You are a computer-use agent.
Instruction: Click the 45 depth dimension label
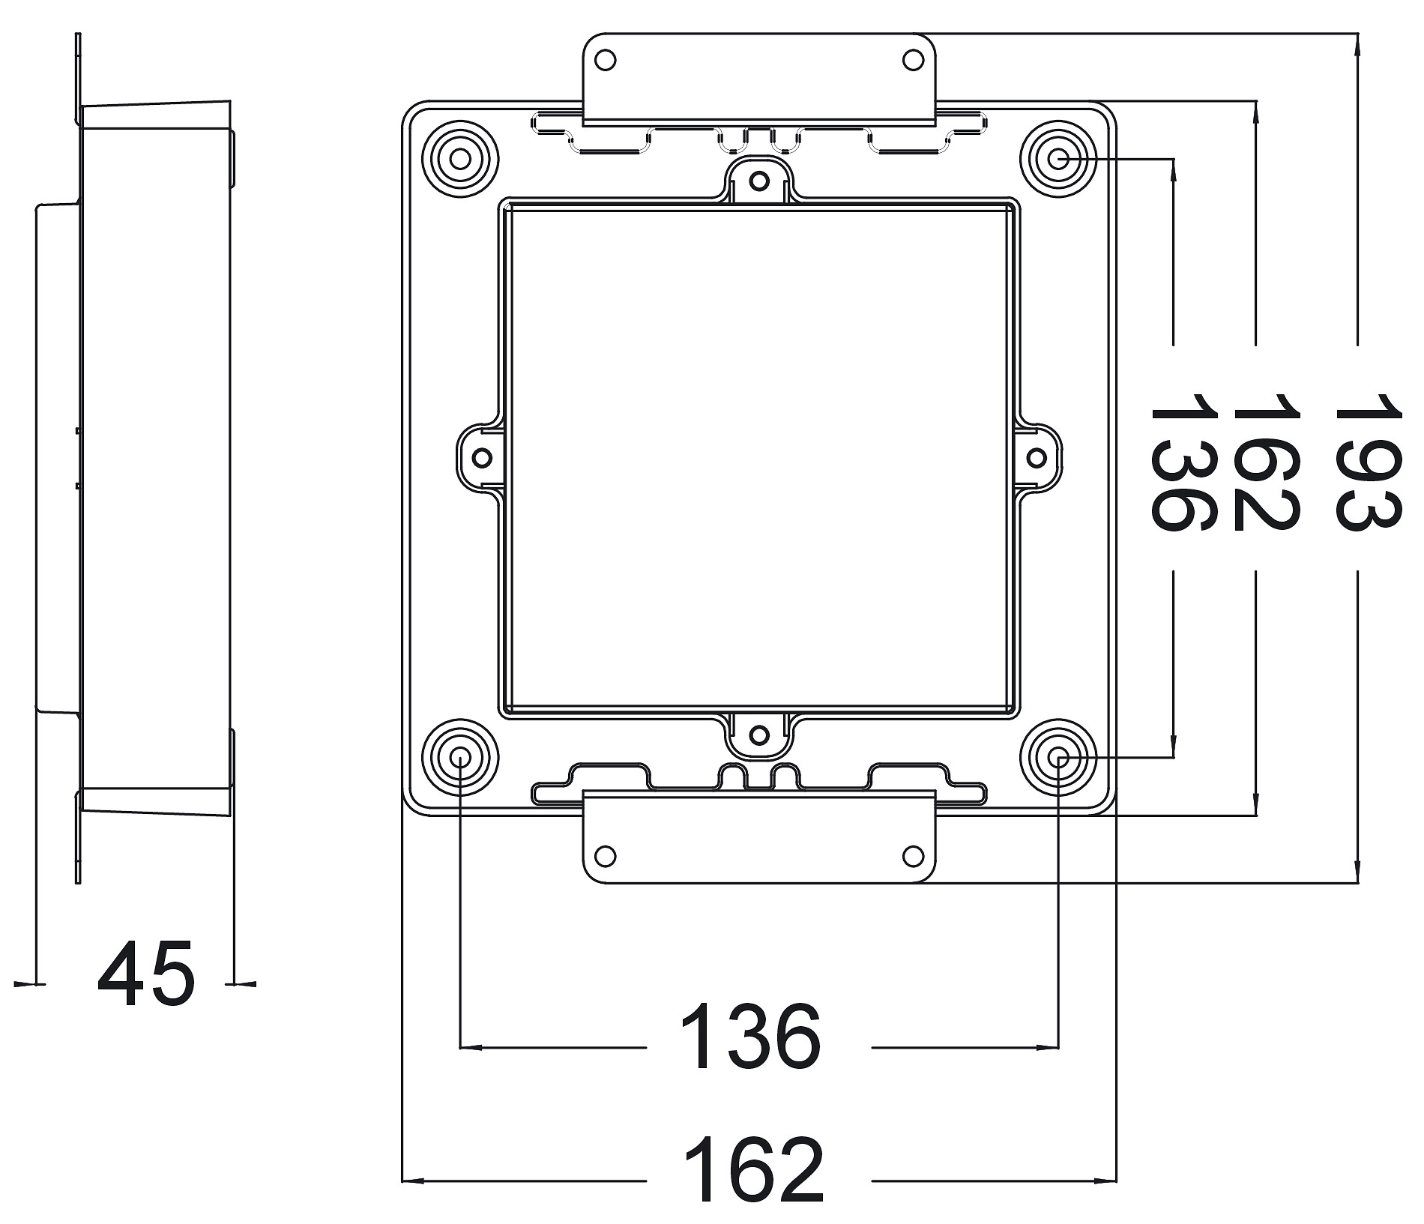click(x=146, y=972)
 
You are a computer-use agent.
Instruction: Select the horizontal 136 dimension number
click(x=751, y=1037)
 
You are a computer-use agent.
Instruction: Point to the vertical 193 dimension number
click(x=1368, y=462)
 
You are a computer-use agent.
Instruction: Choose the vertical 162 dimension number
click(x=1266, y=462)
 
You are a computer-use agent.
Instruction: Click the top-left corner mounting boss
click(x=460, y=159)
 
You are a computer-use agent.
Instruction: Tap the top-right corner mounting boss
click(x=1058, y=159)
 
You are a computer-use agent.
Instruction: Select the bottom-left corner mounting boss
click(x=460, y=757)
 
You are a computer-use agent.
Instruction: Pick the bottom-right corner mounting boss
click(x=1058, y=757)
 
